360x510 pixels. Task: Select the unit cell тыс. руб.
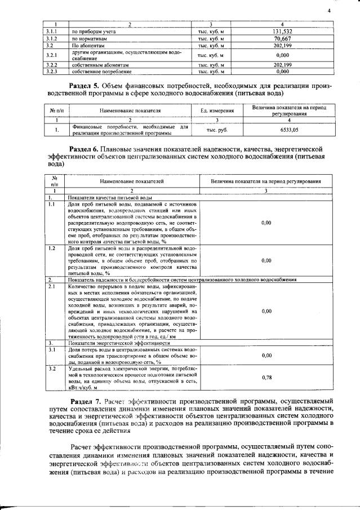pos(216,130)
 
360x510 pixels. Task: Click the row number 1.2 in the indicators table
pos(51,249)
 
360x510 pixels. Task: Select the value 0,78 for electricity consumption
pos(266,378)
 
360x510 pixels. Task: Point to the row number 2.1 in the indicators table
pos(51,287)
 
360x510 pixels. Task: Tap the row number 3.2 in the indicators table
pos(51,369)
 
